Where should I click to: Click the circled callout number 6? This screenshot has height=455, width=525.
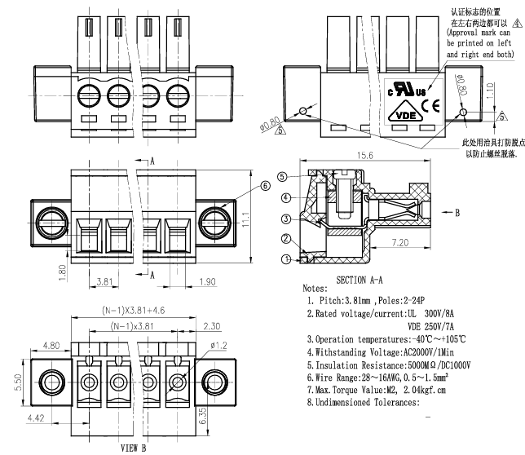coord(266,186)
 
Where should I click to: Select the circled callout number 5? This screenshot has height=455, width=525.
coord(281,177)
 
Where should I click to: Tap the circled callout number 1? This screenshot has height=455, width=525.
coord(286,259)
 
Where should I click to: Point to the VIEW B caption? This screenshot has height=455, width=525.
coord(135,448)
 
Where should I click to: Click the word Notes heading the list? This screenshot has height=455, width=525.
coord(315,289)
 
